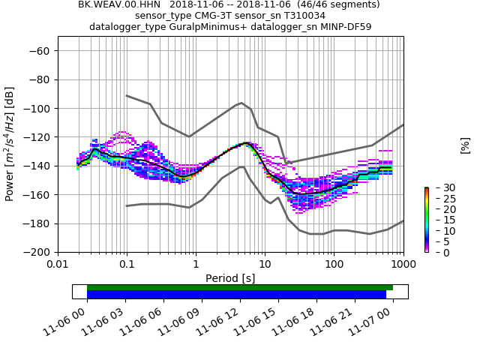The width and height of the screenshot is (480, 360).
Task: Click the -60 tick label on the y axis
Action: click(41, 51)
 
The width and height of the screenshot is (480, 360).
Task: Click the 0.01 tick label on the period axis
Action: click(58, 265)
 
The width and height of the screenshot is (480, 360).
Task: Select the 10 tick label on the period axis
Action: click(265, 265)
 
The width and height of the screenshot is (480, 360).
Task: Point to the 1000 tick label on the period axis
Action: click(403, 265)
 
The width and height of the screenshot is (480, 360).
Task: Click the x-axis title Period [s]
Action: click(230, 278)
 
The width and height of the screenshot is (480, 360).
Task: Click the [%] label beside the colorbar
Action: click(465, 145)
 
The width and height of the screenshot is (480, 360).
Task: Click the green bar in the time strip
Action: click(239, 287)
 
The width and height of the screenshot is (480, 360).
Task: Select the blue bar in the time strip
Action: click(236, 295)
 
